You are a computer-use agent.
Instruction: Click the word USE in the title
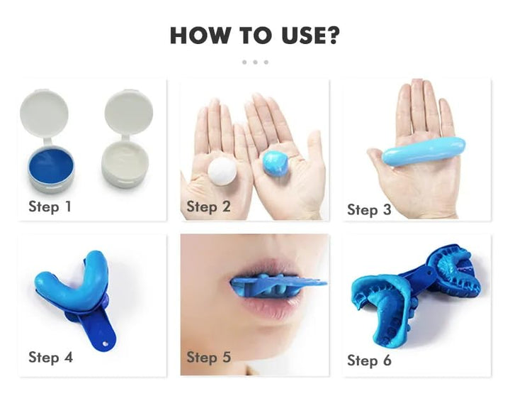pos(296,35)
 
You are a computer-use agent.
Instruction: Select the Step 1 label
pos(50,207)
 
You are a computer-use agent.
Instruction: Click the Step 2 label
pos(208,207)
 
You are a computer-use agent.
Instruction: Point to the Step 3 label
pos(369,209)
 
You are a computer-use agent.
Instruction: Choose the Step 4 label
pos(50,357)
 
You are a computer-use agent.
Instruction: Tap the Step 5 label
pos(208,357)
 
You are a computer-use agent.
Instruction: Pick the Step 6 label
pos(369,361)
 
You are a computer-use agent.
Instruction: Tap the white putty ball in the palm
pos(222,171)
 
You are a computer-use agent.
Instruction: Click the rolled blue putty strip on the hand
pos(424,150)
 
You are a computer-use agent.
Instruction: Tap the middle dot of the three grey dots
pos(255,62)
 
